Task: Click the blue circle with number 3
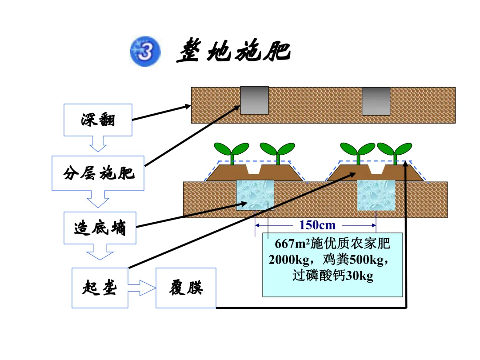145,51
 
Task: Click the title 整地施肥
234,51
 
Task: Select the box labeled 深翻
98,120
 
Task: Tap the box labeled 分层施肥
98,173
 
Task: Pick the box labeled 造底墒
100,228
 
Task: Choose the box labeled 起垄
100,288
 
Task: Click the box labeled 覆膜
186,288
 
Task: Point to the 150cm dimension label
317,225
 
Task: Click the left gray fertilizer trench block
254,100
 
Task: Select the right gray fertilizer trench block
376,101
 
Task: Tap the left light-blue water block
255,195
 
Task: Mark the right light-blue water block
376,195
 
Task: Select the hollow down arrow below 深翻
98,144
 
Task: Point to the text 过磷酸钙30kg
333,276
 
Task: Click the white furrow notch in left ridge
254,169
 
